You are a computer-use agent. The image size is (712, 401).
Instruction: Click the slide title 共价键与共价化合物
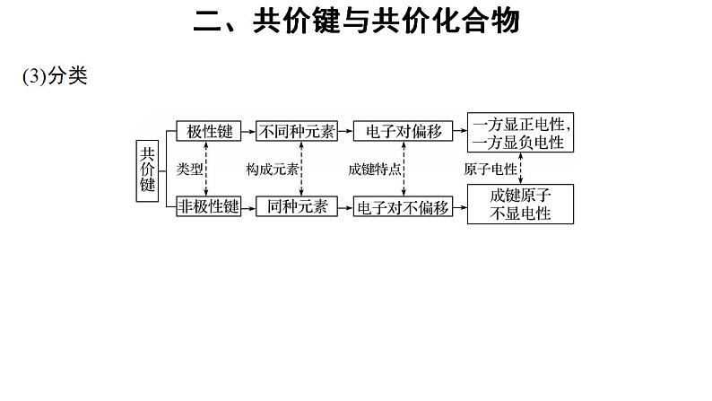[x=356, y=21]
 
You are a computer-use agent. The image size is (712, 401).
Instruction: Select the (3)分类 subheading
[x=54, y=77]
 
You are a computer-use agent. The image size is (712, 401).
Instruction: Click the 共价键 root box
[x=148, y=169]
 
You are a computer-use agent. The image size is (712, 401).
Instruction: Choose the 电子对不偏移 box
[x=402, y=207]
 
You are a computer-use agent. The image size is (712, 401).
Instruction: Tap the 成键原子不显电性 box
[x=520, y=204]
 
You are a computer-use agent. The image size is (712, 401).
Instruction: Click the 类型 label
[x=191, y=169]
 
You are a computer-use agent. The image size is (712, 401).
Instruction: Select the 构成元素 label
[x=274, y=169]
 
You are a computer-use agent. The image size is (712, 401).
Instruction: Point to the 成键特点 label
[x=375, y=169]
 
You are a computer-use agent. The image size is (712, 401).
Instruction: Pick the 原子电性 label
[x=491, y=169]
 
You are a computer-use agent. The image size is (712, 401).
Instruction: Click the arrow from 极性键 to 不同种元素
[x=248, y=131]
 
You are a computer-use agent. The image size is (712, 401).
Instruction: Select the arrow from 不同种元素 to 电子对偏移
[x=344, y=131]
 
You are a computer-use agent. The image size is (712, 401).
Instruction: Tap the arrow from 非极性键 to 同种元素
[x=248, y=207]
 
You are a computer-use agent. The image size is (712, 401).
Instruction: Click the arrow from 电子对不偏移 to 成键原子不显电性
[x=459, y=207]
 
